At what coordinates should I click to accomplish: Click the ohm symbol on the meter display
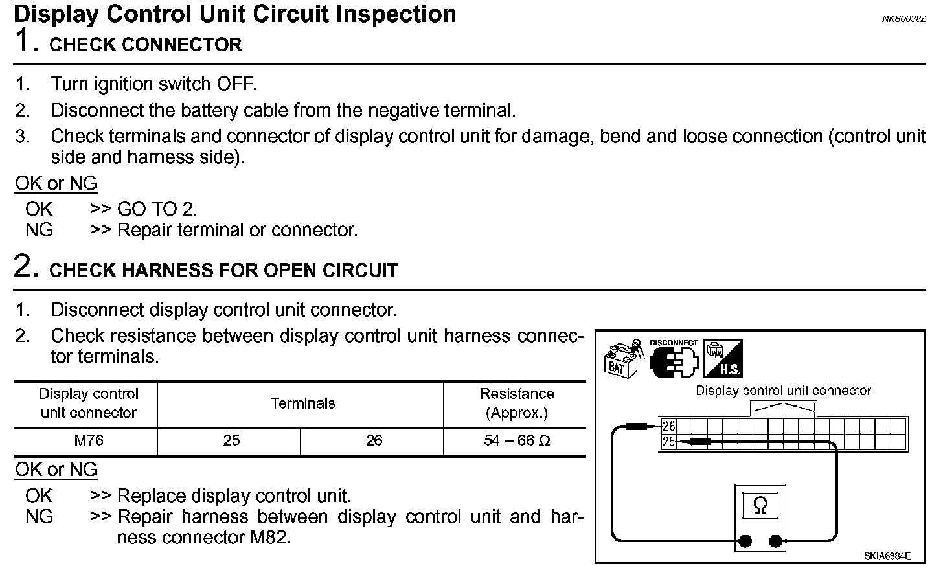pyautogui.click(x=760, y=505)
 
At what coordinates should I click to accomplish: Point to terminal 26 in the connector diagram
pyautogui.click(x=668, y=426)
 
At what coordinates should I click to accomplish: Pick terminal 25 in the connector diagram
pyautogui.click(x=668, y=442)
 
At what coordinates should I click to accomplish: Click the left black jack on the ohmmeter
pyautogui.click(x=745, y=541)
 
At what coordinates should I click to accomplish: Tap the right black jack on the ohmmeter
pyautogui.click(x=775, y=541)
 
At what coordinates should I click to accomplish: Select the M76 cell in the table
pyautogui.click(x=88, y=440)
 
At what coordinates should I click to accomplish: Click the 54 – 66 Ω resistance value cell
pyautogui.click(x=516, y=440)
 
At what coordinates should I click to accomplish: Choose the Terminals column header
pyautogui.click(x=302, y=403)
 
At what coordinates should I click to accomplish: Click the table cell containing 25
pyautogui.click(x=231, y=440)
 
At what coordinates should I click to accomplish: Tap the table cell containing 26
pyautogui.click(x=374, y=440)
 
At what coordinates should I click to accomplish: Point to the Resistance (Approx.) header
pyautogui.click(x=516, y=403)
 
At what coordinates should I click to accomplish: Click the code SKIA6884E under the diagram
pyautogui.click(x=887, y=556)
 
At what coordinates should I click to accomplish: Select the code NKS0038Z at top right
pyautogui.click(x=903, y=19)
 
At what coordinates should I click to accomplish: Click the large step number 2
pyautogui.click(x=24, y=266)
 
